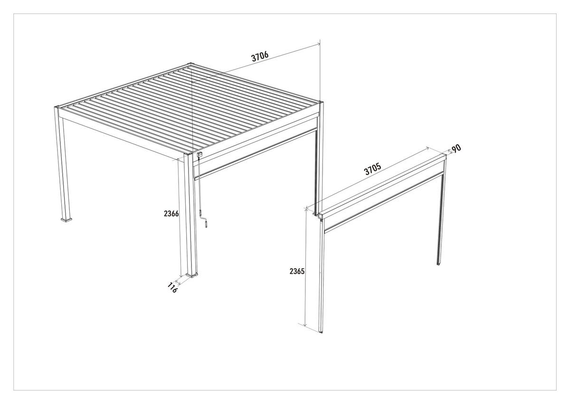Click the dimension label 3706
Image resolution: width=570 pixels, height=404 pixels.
click(260, 56)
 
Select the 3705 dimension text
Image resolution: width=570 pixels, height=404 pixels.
click(373, 169)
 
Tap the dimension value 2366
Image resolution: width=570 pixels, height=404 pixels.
click(171, 213)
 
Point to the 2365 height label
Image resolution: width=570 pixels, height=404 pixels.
click(297, 271)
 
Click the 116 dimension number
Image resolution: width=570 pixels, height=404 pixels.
click(172, 288)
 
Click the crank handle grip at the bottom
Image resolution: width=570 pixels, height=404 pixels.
click(206, 224)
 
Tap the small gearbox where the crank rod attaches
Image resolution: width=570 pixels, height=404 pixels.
click(200, 154)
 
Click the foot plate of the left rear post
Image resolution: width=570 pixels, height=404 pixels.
click(66, 219)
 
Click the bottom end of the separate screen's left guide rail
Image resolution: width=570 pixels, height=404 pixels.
click(321, 332)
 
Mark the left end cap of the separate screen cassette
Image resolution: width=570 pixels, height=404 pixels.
click(321, 217)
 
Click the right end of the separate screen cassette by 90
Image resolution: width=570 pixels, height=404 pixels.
click(445, 157)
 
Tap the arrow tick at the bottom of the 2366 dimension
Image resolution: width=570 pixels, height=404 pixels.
click(180, 276)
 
